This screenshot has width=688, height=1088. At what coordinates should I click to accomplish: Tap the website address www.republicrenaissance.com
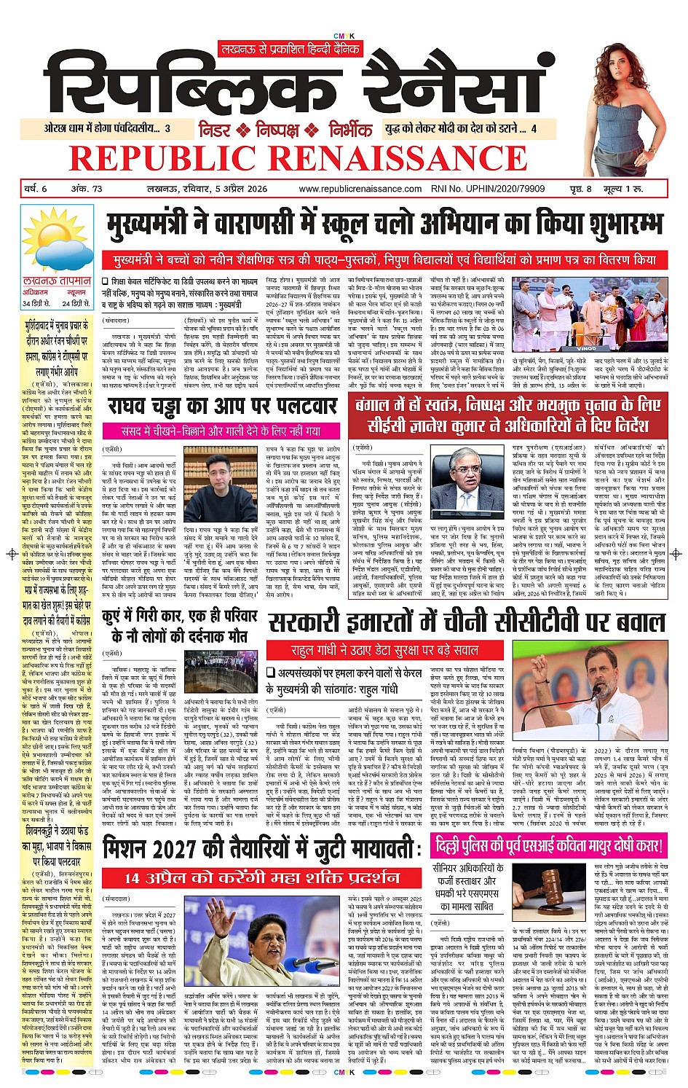[x=360, y=189]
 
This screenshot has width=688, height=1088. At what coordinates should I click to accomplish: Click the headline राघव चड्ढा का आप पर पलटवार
[x=221, y=407]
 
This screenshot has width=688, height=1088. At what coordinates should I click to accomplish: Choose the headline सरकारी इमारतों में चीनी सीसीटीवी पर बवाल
[x=466, y=623]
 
